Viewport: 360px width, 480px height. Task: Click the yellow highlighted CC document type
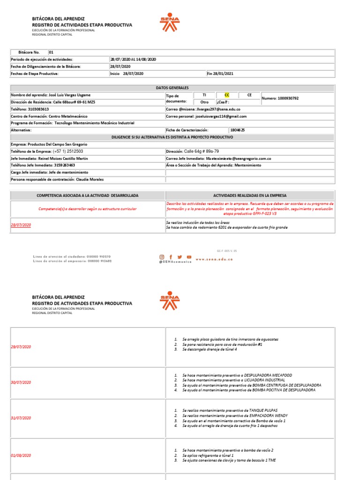click(227, 95)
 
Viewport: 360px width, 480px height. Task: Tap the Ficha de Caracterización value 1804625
click(237, 130)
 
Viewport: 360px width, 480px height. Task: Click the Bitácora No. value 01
click(51, 52)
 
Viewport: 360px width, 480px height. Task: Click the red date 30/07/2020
click(21, 382)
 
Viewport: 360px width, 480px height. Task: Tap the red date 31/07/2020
click(21, 418)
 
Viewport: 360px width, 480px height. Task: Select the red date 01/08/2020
click(21, 455)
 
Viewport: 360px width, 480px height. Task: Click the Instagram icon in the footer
click(162, 257)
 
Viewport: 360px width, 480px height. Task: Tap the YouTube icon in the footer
click(189, 257)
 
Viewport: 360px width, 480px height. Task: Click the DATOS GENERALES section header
click(172, 88)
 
